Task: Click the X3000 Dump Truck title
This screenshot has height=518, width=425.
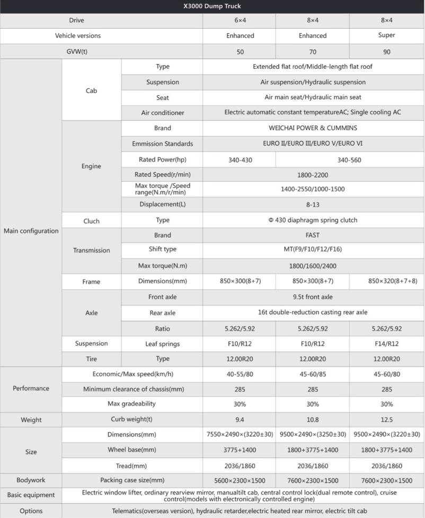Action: click(212, 6)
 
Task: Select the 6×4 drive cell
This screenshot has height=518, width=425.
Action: click(240, 20)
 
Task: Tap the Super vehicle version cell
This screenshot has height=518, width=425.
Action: click(387, 35)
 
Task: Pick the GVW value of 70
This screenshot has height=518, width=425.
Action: click(313, 52)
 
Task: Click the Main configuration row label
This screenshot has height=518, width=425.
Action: click(31, 231)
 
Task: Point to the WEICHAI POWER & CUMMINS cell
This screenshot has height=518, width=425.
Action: click(313, 128)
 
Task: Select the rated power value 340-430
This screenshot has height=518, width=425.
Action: click(240, 159)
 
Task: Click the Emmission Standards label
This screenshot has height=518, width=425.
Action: click(163, 144)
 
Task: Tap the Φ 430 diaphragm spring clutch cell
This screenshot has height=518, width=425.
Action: click(313, 220)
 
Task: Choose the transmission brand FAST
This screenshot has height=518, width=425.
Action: click(313, 235)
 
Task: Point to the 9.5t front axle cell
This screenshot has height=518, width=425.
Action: click(313, 297)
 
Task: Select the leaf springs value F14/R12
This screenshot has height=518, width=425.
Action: click(387, 344)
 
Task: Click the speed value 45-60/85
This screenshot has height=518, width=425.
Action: click(313, 374)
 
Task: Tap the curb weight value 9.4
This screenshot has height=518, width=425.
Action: click(240, 419)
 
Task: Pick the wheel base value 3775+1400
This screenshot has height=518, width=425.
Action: click(240, 450)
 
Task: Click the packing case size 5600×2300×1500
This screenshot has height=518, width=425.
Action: click(240, 480)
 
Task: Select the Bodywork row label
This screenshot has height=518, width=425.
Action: click(31, 480)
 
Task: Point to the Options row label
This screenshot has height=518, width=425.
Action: click(31, 511)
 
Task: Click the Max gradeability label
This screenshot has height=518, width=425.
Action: click(132, 404)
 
